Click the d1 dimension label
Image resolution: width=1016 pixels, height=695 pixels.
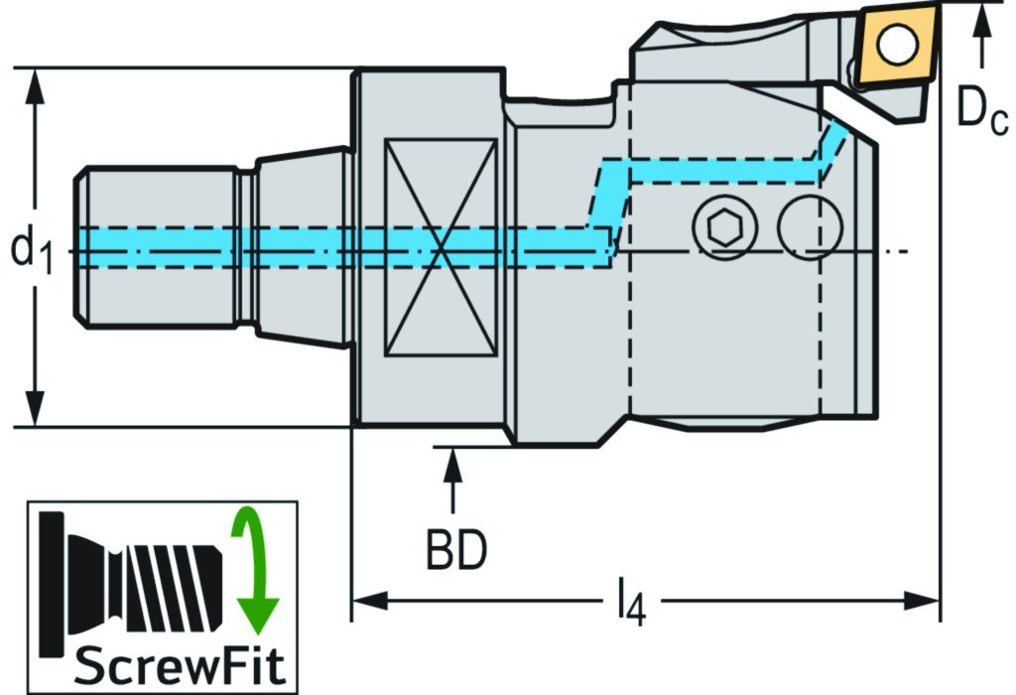click(32, 248)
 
